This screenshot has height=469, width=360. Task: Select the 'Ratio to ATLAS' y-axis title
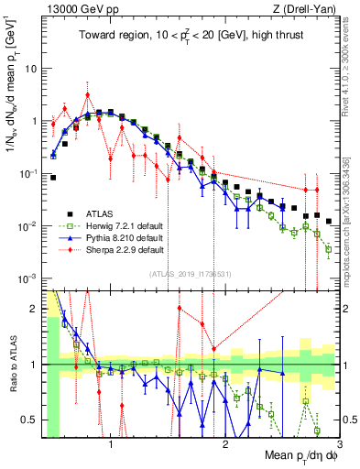(x=12, y=364)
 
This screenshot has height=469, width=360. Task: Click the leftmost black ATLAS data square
(x=53, y=178)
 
